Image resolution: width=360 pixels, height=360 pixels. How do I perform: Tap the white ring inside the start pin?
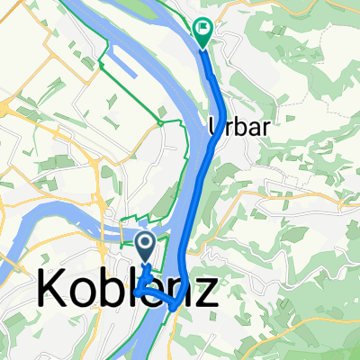coord(146,241)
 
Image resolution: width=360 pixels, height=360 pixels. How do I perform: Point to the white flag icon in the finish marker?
coord(202,29)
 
